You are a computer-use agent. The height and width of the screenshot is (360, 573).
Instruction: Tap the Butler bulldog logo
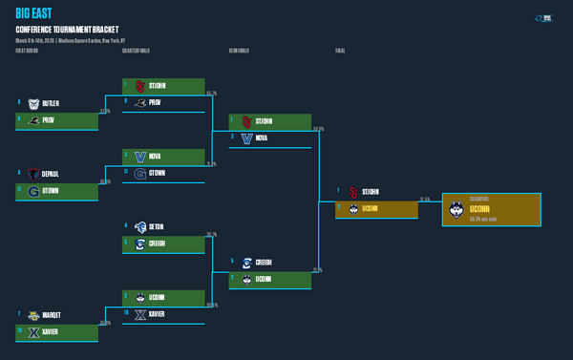33,102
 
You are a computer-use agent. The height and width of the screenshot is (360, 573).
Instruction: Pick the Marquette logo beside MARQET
33,314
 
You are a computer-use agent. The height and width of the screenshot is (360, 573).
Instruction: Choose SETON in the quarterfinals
157,226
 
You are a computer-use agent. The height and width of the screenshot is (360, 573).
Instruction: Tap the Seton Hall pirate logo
140,226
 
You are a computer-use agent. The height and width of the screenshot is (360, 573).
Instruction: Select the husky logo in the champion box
456,208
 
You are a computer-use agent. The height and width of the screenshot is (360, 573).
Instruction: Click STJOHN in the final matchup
371,192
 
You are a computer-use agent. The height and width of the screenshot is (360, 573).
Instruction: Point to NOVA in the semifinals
262,138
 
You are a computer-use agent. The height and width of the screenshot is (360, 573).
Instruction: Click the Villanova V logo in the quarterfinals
140,156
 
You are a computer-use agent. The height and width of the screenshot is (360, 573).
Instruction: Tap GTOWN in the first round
52,192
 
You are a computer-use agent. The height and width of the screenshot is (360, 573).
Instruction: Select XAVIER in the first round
53,332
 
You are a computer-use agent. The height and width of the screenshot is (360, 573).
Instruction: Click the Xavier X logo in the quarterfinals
140,314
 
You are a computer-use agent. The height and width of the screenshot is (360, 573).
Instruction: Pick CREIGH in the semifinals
265,263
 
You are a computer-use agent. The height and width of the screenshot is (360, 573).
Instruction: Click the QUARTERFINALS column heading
138,51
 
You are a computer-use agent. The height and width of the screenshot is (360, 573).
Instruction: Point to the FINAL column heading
340,51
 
